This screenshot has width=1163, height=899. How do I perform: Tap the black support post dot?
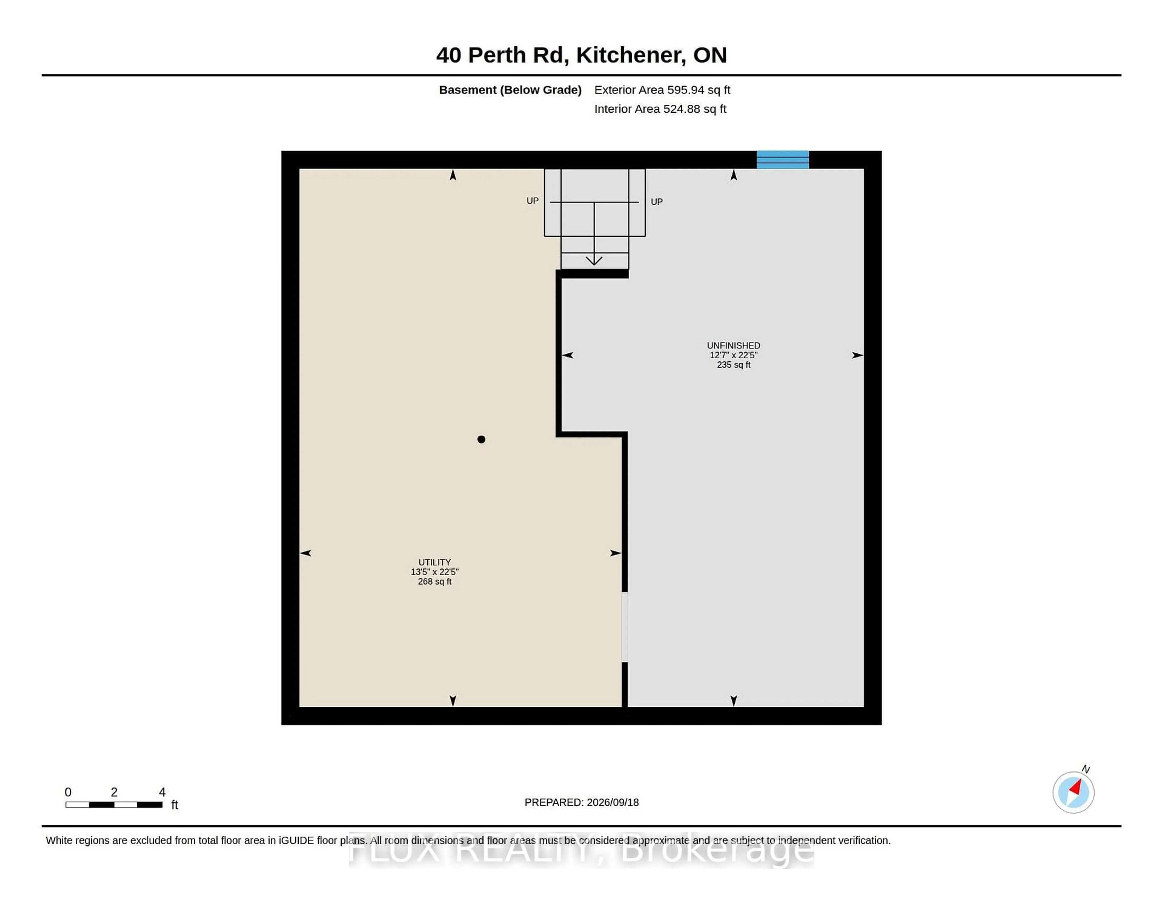(481, 440)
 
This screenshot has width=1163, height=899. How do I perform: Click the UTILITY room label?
(435, 562)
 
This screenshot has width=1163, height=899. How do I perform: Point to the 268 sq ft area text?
(435, 582)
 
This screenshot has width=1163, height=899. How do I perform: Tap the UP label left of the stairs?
(532, 201)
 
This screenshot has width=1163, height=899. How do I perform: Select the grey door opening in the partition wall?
(625, 627)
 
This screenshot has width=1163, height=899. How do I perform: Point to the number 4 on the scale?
(162, 792)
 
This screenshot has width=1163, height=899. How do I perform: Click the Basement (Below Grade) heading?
(510, 90)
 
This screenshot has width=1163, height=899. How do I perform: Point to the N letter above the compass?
(1086, 769)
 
